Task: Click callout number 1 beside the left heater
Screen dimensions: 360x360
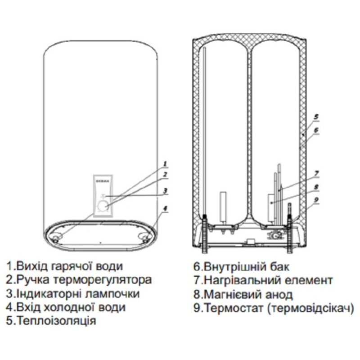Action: pyautogui.click(x=165, y=163)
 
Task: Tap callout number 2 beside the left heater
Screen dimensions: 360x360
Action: pyautogui.click(x=165, y=174)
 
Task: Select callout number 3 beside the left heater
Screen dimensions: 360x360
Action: pyautogui.click(x=165, y=191)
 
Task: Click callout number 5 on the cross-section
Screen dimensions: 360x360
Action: pyautogui.click(x=316, y=117)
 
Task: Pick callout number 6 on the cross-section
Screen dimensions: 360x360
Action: pyautogui.click(x=316, y=130)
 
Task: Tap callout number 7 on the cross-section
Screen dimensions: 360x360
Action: pyautogui.click(x=316, y=173)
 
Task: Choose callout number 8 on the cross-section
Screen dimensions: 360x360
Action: pyautogui.click(x=316, y=186)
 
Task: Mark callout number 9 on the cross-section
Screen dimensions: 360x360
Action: pyautogui.click(x=316, y=200)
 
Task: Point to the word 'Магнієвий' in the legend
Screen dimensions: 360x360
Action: pyautogui.click(x=228, y=295)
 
